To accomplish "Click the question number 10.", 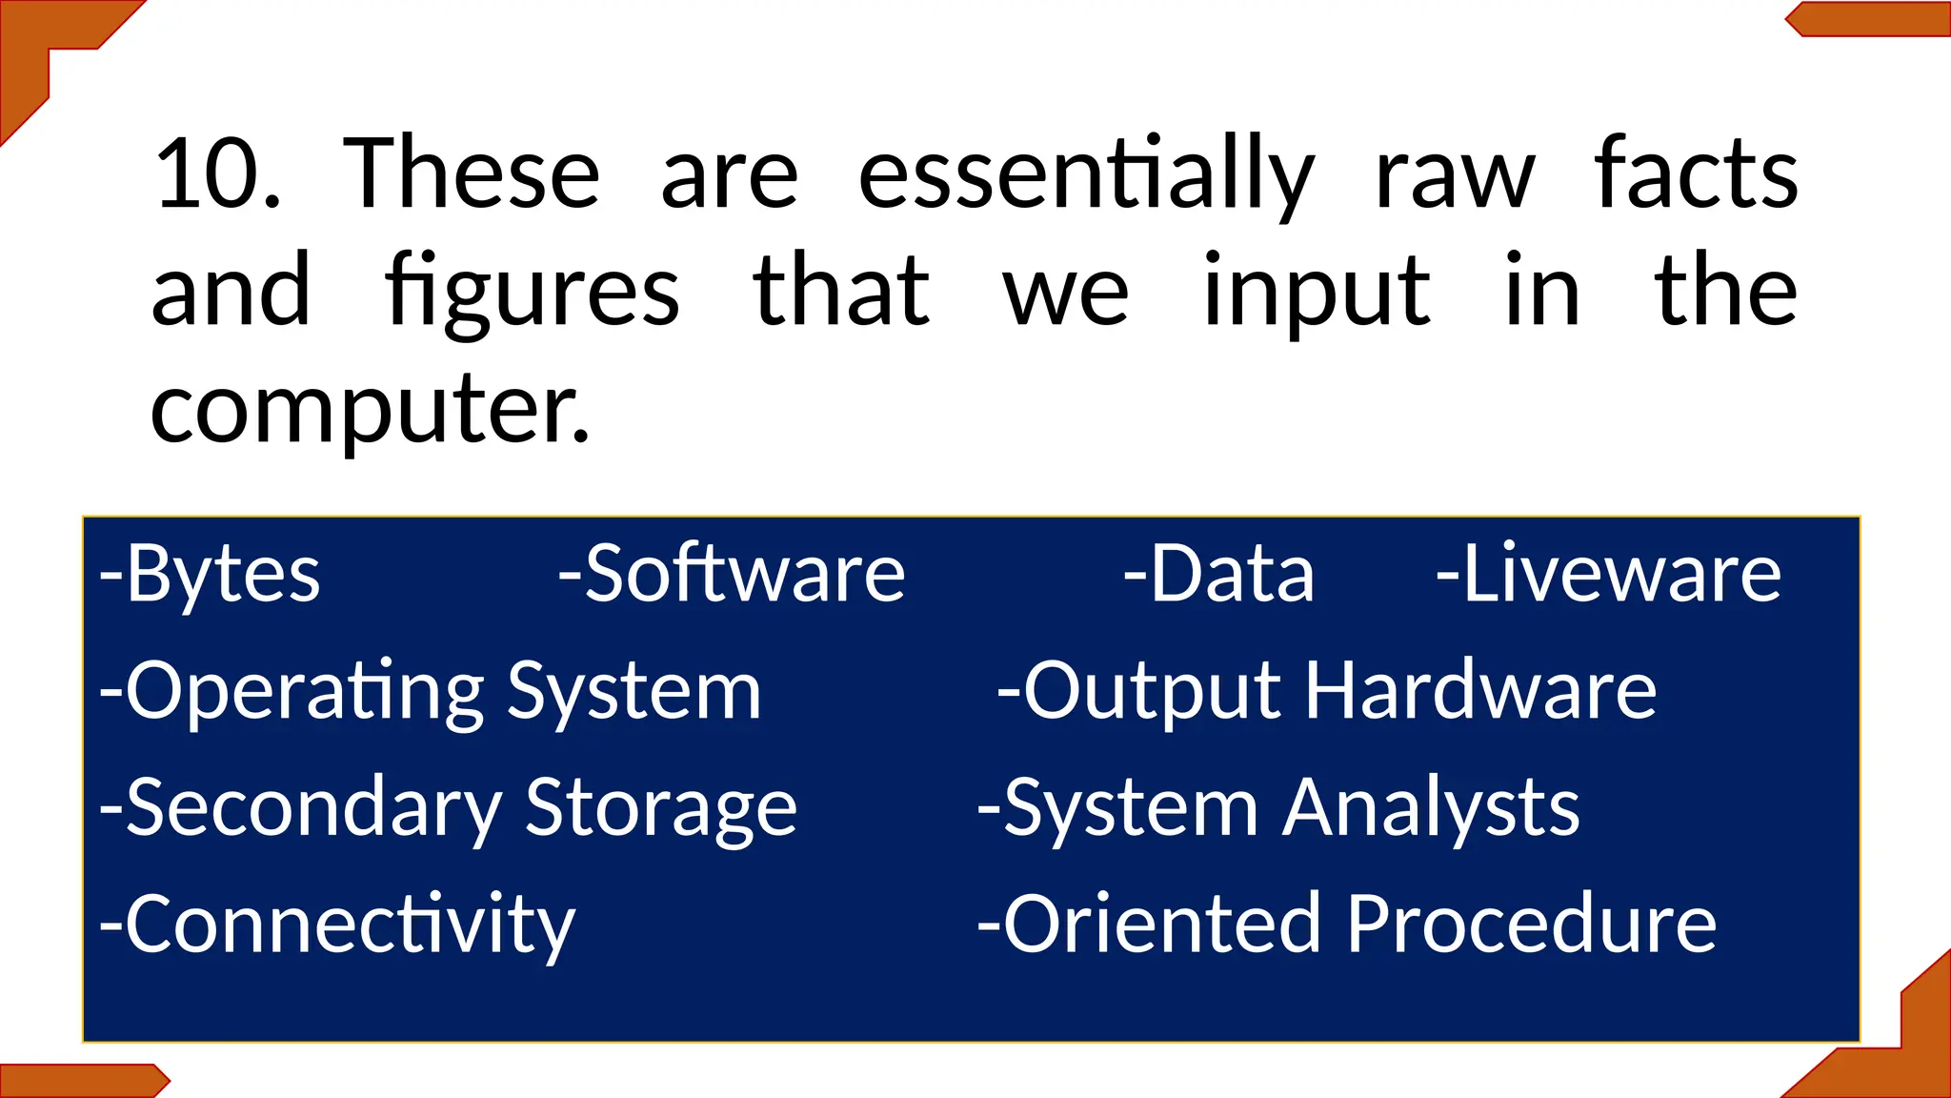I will click(x=217, y=175).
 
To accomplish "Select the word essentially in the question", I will click(x=1086, y=177).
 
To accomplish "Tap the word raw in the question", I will click(x=1455, y=177).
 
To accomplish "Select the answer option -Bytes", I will click(x=211, y=574).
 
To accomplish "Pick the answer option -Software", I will click(x=732, y=574).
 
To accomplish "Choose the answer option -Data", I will click(x=1219, y=574).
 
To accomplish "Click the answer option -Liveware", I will click(x=1608, y=574).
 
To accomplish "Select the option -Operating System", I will click(x=431, y=692).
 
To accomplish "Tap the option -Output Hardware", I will click(x=1326, y=692).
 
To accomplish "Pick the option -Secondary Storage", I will click(x=448, y=808).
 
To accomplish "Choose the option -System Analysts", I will click(x=1278, y=808).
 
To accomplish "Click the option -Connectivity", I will click(x=337, y=925).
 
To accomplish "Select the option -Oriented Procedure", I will click(x=1347, y=925).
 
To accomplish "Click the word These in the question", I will click(x=472, y=175).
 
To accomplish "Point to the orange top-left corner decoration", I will click(x=38, y=48).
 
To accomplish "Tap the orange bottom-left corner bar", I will click(x=81, y=1081).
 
